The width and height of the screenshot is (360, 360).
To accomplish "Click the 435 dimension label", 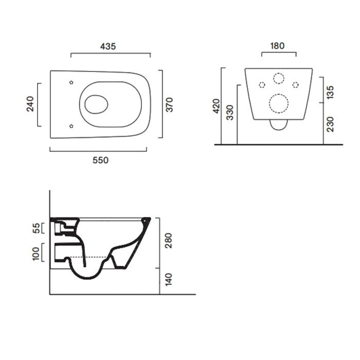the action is pos(108,46).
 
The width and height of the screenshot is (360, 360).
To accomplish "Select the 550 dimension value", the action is pos(101,160).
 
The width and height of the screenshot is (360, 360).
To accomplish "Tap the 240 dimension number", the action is pos(30,104).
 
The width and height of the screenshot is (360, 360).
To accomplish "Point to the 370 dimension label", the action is pos(169,105).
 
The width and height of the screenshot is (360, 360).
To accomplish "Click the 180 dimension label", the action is pos(277,46).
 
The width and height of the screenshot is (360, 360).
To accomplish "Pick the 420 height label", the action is pos(217,106).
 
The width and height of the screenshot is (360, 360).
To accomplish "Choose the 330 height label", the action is pos(230,113).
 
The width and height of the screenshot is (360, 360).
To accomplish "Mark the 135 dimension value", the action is pos(330,92).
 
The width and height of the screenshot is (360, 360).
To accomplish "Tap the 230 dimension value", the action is pos(330,124).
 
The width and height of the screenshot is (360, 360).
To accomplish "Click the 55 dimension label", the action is pos(37,228).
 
